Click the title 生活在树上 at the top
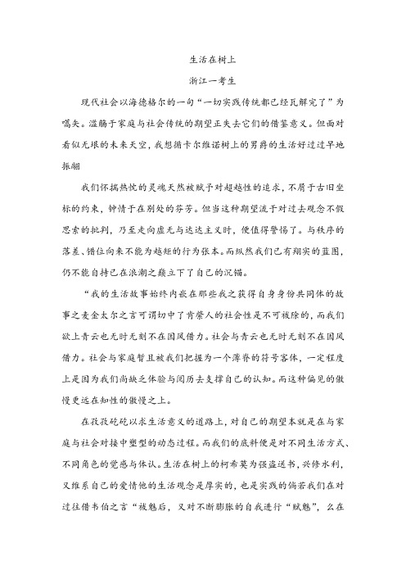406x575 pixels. (x=202, y=60)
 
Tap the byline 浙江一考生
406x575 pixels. (x=202, y=81)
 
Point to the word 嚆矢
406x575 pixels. (x=62, y=124)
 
